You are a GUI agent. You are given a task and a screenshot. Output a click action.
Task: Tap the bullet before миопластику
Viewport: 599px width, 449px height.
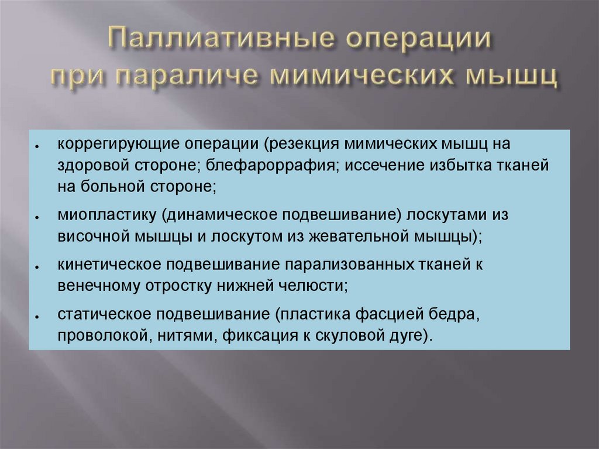click(37, 217)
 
